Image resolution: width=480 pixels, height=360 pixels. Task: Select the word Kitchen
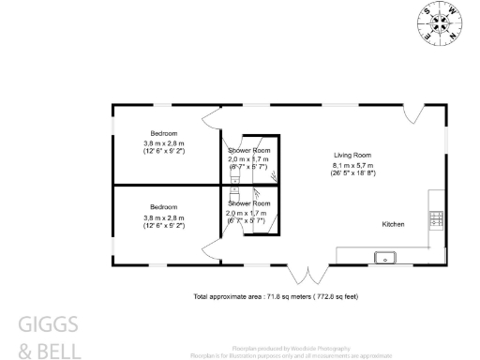[393, 225]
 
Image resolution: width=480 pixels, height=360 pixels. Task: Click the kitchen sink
[383, 256]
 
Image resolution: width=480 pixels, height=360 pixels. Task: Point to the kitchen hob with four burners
[435, 219]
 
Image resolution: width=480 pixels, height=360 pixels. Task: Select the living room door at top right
[415, 114]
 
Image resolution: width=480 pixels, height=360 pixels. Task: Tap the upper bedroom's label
[163, 132]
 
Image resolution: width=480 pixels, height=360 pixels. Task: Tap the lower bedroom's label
[163, 207]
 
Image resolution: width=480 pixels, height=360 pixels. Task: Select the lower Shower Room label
[249, 203]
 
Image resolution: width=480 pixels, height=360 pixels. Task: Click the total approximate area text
[276, 296]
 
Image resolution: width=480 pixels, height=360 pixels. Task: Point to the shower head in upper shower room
[272, 173]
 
